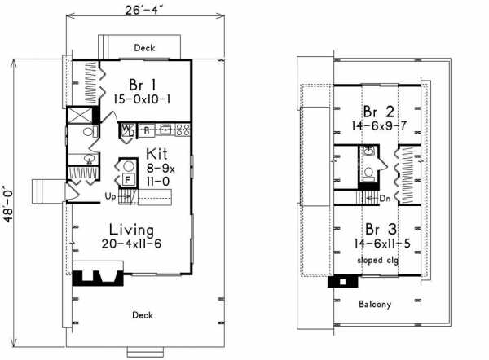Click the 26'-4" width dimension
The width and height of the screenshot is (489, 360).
pos(144,10)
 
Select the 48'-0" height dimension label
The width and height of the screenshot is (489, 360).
pos(8,204)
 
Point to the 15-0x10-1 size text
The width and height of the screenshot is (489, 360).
pos(142,99)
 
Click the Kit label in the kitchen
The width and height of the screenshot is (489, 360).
pos(156,154)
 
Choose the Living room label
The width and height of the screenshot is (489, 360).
pos(131,230)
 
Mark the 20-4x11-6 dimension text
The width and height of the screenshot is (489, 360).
pos(131,244)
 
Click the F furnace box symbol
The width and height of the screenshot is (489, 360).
pos(128,179)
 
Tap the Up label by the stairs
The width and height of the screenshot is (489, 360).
pos(110,196)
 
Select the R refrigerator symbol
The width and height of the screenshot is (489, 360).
pos(147,130)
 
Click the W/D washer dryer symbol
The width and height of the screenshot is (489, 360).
pos(128,130)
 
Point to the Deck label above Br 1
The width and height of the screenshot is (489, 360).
pos(144,48)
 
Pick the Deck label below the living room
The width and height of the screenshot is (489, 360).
pos(143,315)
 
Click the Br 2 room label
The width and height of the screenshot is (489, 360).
pos(379,112)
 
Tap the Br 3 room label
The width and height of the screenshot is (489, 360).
pos(381,230)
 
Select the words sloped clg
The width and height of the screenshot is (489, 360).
pos(378,260)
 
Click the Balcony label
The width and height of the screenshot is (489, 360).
pos(375,304)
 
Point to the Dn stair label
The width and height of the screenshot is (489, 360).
pos(385,199)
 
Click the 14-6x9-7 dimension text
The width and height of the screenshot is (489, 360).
pos(379,126)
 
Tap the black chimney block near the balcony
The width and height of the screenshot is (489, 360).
pos(343,282)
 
